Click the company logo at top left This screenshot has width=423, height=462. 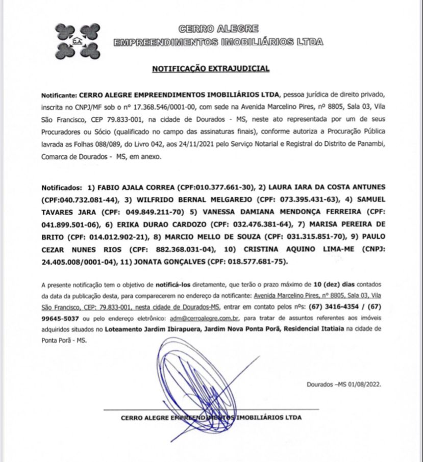coord(78,40)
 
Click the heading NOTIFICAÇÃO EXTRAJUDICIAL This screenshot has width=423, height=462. coord(210,68)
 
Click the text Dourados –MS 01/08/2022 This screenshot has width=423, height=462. coord(344,386)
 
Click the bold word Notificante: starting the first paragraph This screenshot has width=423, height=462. coord(59,95)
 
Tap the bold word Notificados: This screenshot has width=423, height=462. coord(61,186)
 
